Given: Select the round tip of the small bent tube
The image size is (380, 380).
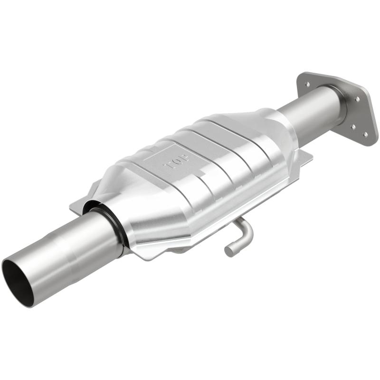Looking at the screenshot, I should [229, 251].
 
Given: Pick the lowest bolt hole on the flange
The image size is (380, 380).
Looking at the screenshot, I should [365, 133].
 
